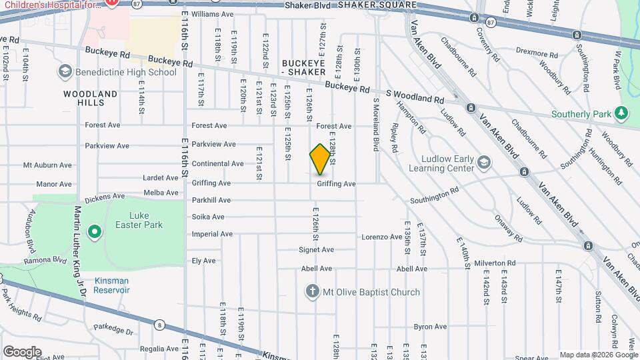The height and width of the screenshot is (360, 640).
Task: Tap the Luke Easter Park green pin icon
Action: click(95, 232)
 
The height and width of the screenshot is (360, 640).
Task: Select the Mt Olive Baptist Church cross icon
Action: click(311, 291)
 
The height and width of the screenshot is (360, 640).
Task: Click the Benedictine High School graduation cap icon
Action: click(65, 71)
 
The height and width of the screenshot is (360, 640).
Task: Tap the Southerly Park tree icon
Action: click(622, 114)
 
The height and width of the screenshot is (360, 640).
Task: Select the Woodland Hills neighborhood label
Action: click(90, 98)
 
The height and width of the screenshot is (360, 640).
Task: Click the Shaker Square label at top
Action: click(377, 5)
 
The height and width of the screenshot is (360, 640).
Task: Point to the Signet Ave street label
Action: click(316, 250)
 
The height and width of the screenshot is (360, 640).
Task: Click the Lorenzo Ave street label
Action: click(381, 237)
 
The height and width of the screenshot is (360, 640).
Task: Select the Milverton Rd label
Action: click(496, 264)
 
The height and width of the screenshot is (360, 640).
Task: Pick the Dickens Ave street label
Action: click(105, 197)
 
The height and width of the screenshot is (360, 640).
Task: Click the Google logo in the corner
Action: click(22, 351)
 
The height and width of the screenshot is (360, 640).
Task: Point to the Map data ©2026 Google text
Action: click(598, 355)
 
